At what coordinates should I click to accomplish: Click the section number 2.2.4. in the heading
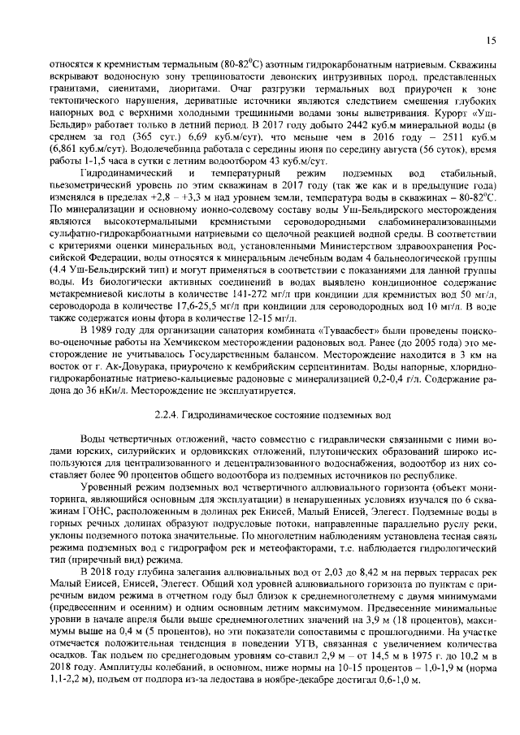tap(175, 414)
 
